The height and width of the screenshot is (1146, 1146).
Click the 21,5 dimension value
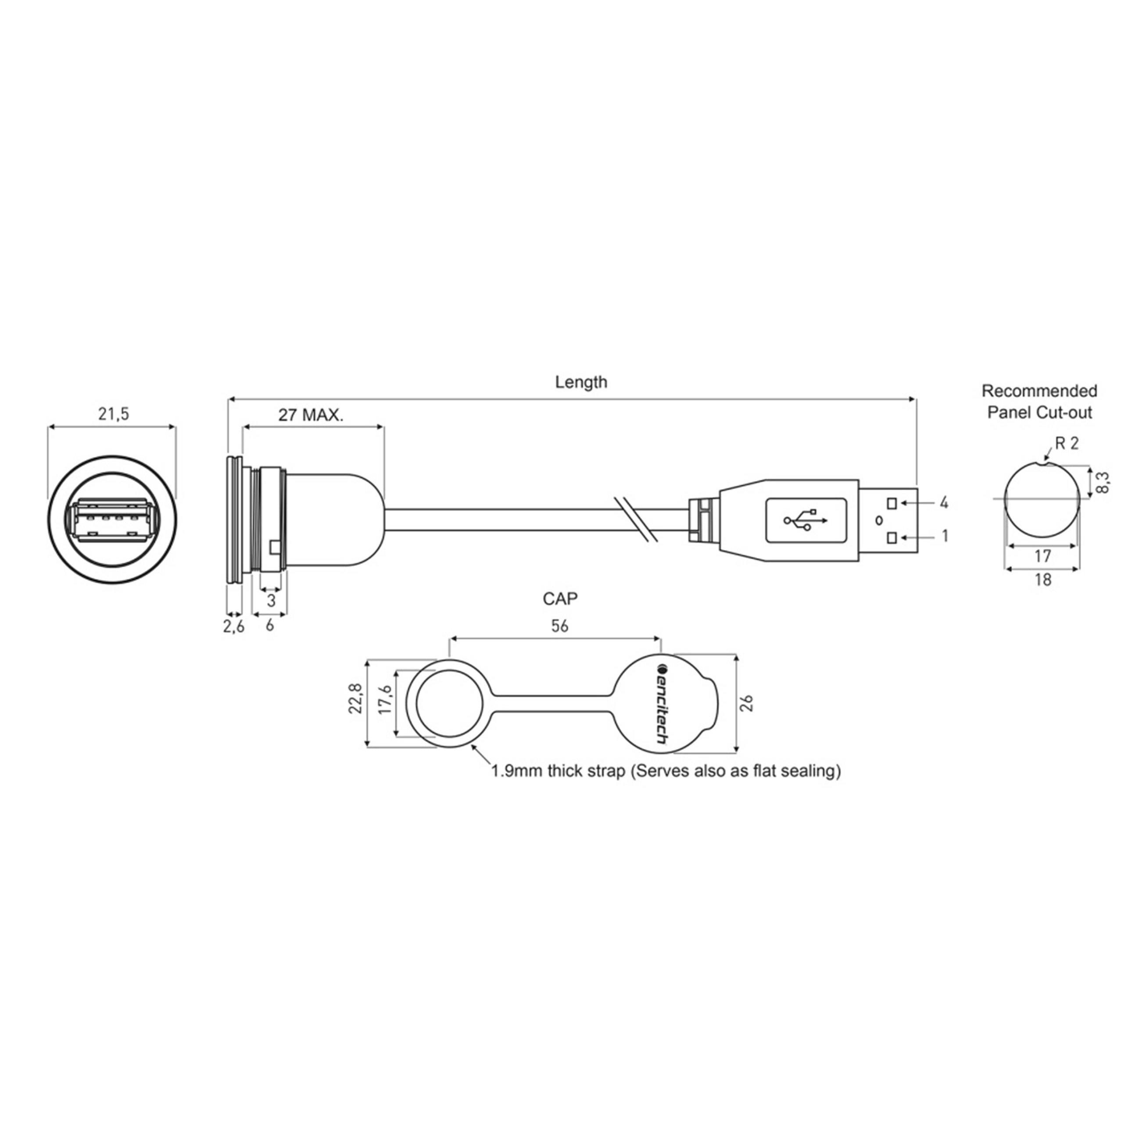pos(113,415)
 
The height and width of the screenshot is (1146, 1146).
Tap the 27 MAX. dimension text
pos(311,415)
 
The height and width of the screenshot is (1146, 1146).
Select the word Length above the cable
pos(581,382)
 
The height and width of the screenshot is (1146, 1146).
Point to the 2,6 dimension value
pos(233,627)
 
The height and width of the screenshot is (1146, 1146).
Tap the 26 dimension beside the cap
pos(747,703)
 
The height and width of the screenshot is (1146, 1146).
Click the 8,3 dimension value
pos(1103,483)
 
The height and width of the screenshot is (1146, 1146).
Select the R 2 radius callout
pos(1067,443)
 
